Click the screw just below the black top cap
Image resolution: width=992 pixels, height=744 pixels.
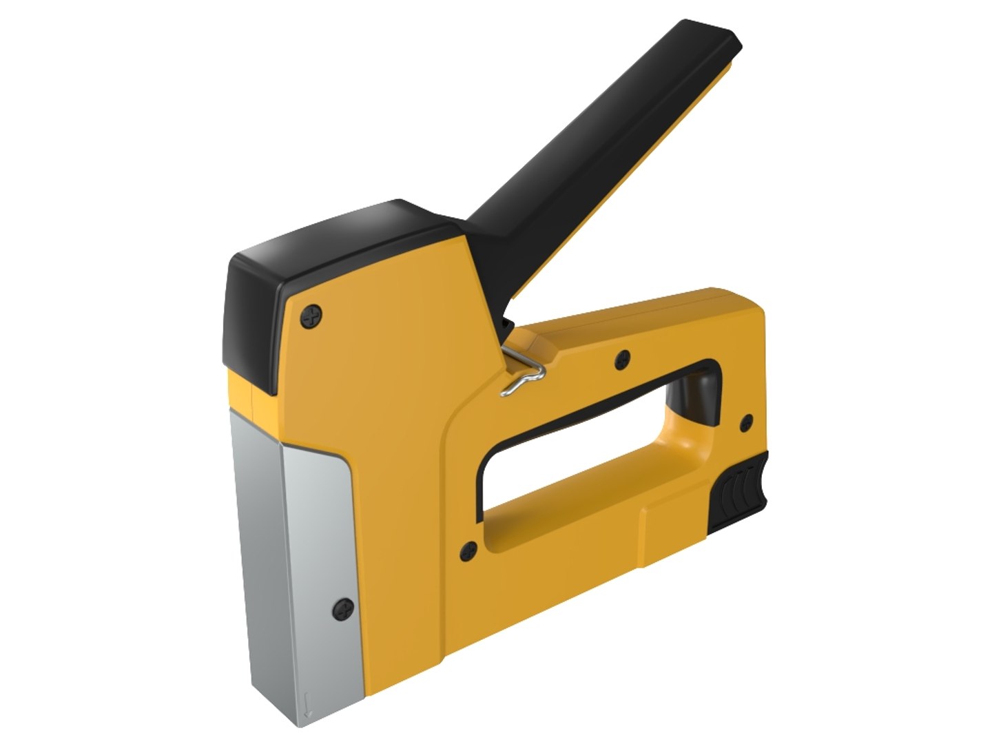312,316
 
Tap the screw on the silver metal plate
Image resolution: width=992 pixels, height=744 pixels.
343,607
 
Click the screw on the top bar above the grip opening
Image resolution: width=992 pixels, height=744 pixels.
623,357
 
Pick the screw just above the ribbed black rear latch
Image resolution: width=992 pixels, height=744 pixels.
745,422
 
